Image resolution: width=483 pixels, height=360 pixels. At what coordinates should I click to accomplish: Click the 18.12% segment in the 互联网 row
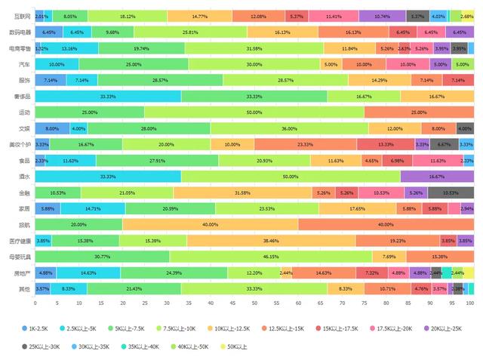click(x=128, y=16)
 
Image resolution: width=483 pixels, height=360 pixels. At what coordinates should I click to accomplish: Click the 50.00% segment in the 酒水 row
click(x=291, y=177)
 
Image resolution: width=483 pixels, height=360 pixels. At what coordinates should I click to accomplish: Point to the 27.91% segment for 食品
click(x=157, y=161)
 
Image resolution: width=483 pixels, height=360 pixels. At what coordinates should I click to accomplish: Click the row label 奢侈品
click(x=22, y=97)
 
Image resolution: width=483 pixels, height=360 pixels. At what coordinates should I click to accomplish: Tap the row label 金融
click(x=25, y=193)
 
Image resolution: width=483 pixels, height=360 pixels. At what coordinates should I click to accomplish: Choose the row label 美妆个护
click(x=19, y=145)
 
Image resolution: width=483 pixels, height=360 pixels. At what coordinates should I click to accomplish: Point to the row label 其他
click(x=25, y=289)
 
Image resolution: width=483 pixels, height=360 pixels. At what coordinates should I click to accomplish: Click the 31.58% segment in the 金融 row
click(x=242, y=192)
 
